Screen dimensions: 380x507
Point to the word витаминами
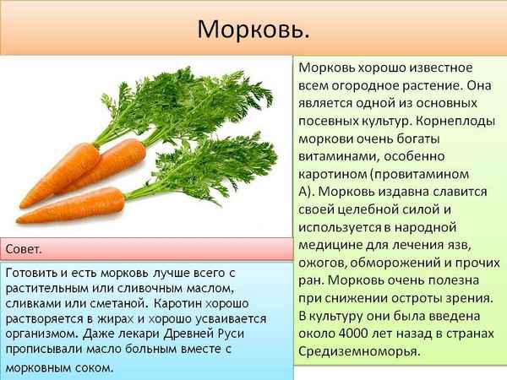pyautogui.click(x=337, y=156)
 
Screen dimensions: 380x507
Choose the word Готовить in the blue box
pyautogui.click(x=34, y=275)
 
